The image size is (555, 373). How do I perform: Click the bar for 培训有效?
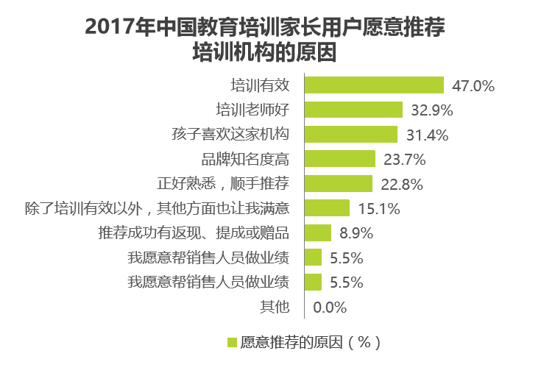click(x=373, y=85)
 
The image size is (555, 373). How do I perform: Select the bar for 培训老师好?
click(x=353, y=110)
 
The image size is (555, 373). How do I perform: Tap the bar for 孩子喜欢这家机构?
click(x=350, y=135)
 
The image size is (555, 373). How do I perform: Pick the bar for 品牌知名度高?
click(x=339, y=159)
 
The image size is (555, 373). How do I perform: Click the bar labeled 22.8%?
click(x=338, y=183)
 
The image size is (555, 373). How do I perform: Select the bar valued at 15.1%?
click(x=326, y=208)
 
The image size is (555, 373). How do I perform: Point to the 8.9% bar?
click(x=317, y=232)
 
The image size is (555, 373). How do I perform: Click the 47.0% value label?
click(x=473, y=86)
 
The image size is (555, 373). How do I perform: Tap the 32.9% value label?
click(x=431, y=110)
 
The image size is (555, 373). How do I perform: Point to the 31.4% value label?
click(x=426, y=135)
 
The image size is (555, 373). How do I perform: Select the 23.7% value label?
click(x=404, y=160)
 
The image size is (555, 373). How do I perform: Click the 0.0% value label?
click(x=330, y=307)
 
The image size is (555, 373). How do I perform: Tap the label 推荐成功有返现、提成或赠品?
click(x=193, y=232)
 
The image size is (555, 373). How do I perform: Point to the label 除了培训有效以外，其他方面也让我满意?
click(x=156, y=208)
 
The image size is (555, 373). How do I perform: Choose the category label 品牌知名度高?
click(x=244, y=159)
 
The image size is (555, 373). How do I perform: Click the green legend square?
click(x=231, y=342)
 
